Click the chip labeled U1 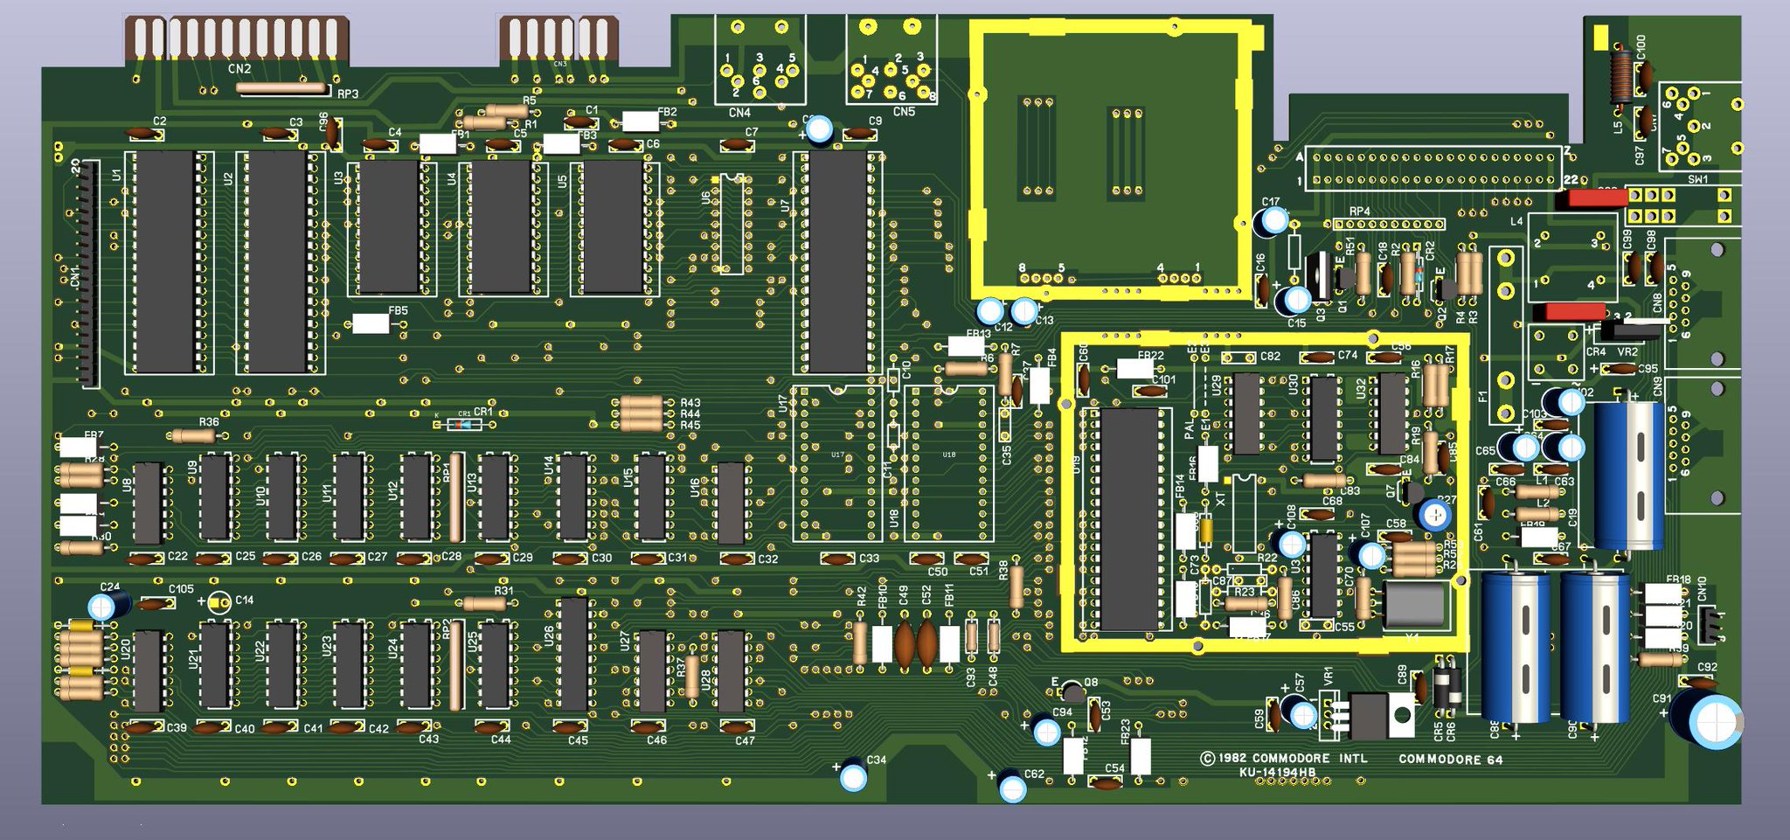pos(164,261)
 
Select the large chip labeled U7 pos(837,261)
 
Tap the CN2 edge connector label pos(239,69)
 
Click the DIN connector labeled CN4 pos(759,70)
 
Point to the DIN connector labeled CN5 pos(892,70)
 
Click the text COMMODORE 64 pos(1450,760)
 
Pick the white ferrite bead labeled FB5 pos(371,323)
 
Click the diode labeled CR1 pos(463,424)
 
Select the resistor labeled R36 pos(193,435)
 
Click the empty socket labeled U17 pos(836,463)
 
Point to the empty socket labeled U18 pos(948,463)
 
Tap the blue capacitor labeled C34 pos(853,777)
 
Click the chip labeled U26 pos(573,654)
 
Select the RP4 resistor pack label pos(1359,212)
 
